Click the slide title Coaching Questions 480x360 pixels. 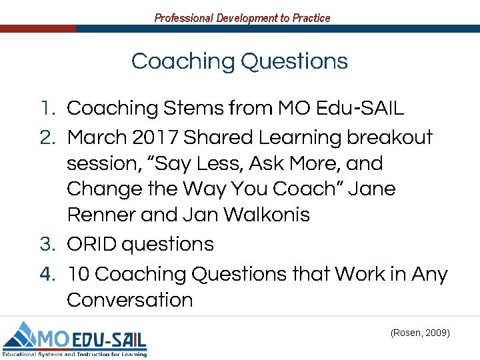(239, 61)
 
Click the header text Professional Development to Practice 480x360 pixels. (242, 18)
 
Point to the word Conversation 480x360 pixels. (130, 300)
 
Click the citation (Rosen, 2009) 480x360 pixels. (420, 331)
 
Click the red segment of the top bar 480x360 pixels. (37, 29)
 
